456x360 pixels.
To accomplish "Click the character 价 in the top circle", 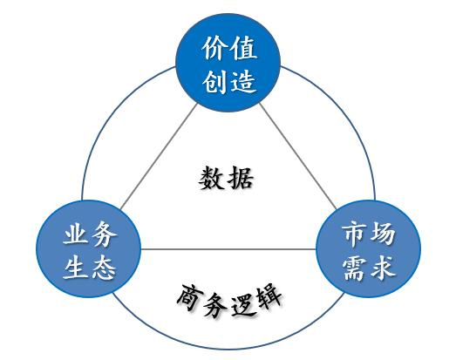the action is click(214, 48).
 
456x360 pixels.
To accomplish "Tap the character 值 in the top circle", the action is click(243, 48).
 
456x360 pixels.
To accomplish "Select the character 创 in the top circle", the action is click(214, 81).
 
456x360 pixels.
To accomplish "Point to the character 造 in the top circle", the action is click(243, 81).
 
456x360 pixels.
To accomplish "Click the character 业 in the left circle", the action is click(75, 233).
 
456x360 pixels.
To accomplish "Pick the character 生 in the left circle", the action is click(75, 267).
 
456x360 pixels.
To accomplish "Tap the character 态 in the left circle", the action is click(104, 267).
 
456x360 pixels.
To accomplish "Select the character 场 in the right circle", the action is click(382, 234).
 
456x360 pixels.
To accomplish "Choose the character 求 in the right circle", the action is click(382, 268).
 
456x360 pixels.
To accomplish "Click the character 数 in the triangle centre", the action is click(211, 178).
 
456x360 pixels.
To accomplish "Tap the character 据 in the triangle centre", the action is click(241, 178).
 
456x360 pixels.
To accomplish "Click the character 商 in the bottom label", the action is click(189, 297).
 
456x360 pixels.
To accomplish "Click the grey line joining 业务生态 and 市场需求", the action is click(228, 249).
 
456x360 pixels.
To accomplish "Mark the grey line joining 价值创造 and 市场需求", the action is click(298, 156).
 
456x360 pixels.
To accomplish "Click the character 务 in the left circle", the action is click(104, 233).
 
